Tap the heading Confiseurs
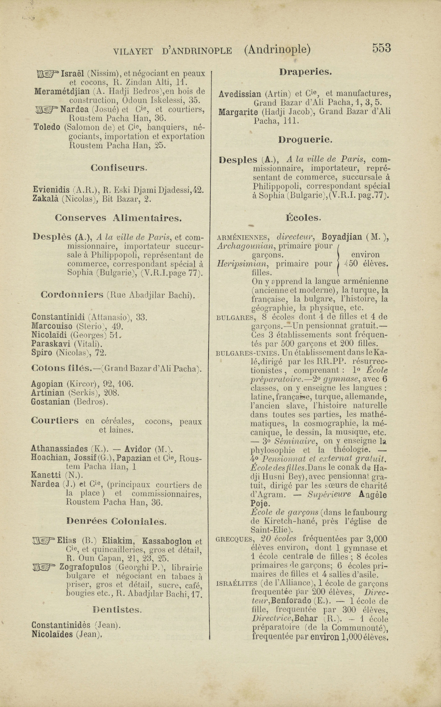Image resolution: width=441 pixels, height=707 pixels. coord(119,168)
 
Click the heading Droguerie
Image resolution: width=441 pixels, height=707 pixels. coord(305,140)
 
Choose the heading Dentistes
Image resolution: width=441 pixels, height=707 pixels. coord(117,610)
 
